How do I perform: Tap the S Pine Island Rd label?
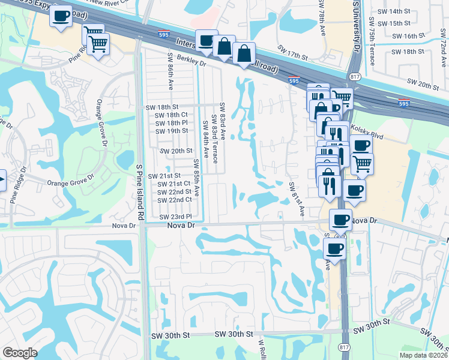point(139,182)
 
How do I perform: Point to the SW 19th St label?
point(172,131)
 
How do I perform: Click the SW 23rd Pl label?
point(175,216)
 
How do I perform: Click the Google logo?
point(20,353)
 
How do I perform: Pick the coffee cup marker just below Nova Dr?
point(335,247)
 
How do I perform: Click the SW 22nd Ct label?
point(175,200)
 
